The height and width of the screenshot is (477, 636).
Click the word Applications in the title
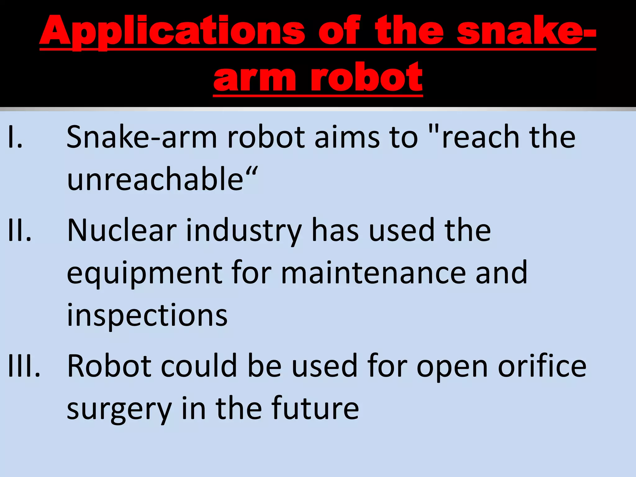point(172,31)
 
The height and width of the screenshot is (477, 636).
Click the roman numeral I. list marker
point(15,137)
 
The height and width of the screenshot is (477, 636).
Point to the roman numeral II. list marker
point(19,230)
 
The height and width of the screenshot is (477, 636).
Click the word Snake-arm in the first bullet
point(142,137)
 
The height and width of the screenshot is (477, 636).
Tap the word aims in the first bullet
point(347,137)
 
